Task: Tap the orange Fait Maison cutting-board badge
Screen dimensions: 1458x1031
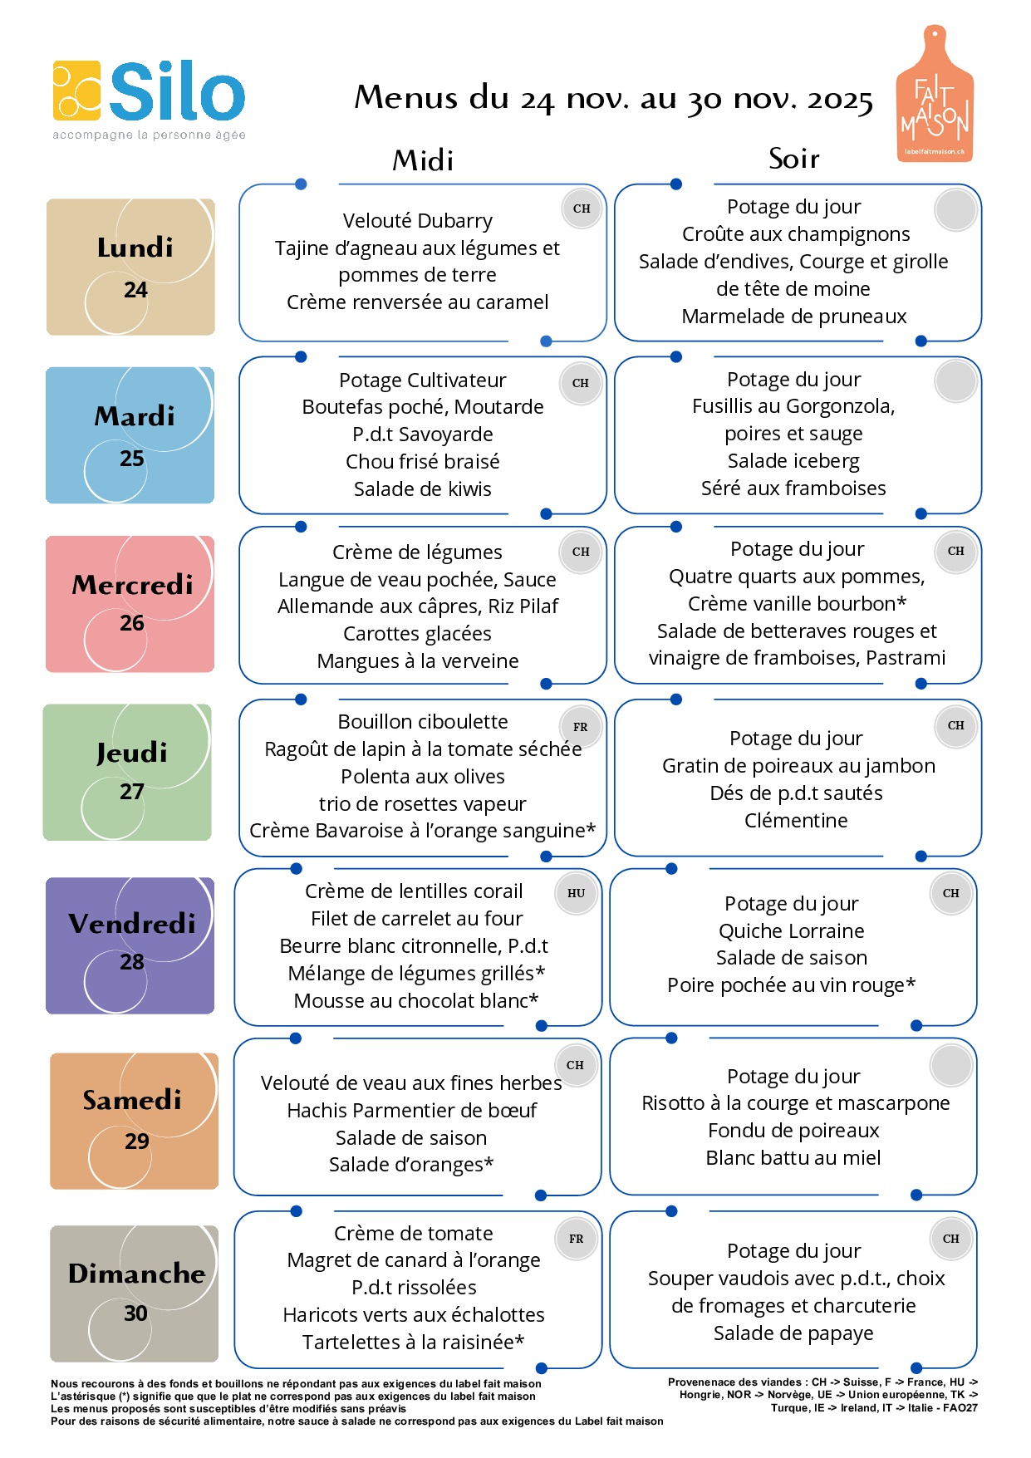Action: pos(935,96)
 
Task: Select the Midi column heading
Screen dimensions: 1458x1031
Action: pos(423,160)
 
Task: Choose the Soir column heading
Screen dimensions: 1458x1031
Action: pos(793,158)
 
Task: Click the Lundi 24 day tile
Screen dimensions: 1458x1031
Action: pos(130,267)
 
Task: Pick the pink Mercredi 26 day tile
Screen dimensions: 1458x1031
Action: pos(130,604)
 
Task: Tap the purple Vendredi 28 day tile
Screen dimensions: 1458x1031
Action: pos(130,945)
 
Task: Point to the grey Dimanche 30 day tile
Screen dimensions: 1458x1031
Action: pos(134,1294)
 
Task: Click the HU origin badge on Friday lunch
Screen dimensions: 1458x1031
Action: pos(577,894)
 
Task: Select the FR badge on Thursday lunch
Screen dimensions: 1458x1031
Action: pos(580,727)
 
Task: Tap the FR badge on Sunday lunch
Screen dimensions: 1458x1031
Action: pos(576,1239)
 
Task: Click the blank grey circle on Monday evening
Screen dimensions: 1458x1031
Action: pos(955,209)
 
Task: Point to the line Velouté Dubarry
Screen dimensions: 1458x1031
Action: pos(418,221)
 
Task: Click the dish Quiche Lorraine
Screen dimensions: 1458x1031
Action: pos(792,931)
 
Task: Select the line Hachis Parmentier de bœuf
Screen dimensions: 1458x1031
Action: pos(412,1111)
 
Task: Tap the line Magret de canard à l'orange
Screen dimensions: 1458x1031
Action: pos(414,1260)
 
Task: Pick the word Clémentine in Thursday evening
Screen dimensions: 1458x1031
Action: pos(796,821)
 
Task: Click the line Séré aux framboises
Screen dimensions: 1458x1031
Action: pos(793,488)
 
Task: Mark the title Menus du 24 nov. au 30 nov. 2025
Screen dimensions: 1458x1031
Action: pos(613,99)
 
